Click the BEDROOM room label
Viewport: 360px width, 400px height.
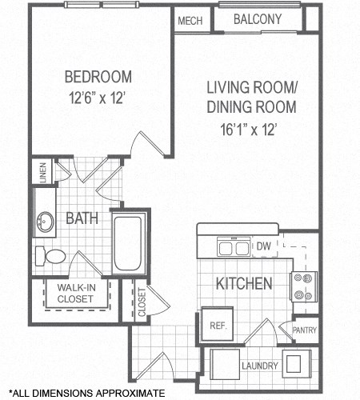[x=97, y=78]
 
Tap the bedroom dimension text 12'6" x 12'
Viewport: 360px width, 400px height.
[x=97, y=95]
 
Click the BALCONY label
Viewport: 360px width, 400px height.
[x=257, y=18]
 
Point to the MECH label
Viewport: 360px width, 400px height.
[x=189, y=20]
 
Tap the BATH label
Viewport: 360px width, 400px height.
[x=82, y=218]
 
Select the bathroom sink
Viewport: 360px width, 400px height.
[x=45, y=221]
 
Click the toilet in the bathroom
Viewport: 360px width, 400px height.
[x=50, y=256]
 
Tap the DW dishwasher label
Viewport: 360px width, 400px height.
[x=262, y=247]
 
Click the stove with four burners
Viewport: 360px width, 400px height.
[x=305, y=286]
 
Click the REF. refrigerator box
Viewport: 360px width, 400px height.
[x=216, y=326]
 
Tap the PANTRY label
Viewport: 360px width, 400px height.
[x=305, y=330]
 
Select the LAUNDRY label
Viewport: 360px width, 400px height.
[x=260, y=366]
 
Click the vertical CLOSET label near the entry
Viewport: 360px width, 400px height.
[x=142, y=302]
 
